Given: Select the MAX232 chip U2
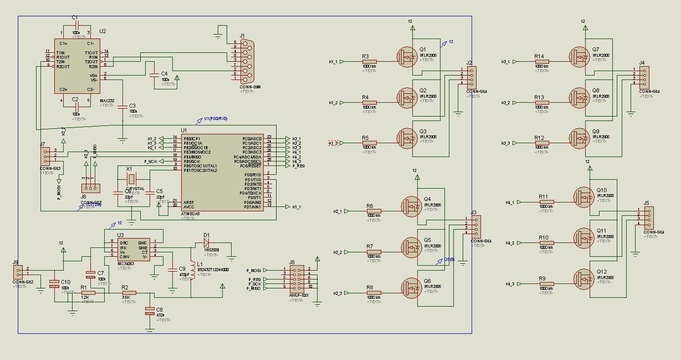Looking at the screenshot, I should click(x=77, y=66).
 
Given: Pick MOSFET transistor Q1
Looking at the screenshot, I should click(x=408, y=57).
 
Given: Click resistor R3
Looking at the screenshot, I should click(x=369, y=62).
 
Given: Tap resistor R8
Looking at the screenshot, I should click(x=374, y=293).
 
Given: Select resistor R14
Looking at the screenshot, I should click(x=542, y=62).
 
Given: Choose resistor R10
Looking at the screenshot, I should click(x=546, y=243).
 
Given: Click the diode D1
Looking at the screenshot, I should click(x=206, y=242).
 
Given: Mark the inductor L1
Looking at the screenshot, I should click(x=193, y=272).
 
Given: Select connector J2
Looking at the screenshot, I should click(x=471, y=78).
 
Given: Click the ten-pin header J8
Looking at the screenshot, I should click(x=297, y=278).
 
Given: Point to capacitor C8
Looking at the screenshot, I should click(x=150, y=311).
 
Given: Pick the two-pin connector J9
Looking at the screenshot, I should click(x=18, y=272).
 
